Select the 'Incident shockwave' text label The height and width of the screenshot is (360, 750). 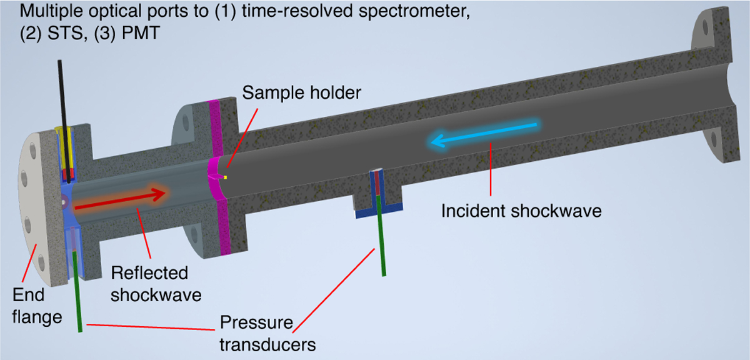(521, 211)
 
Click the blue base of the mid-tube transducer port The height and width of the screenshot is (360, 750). (379, 211)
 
